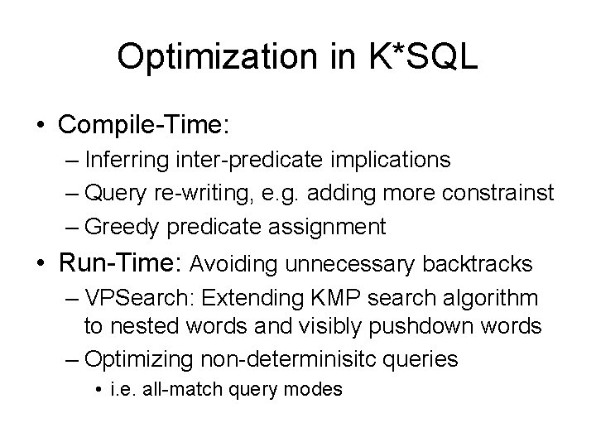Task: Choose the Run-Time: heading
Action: tap(120, 263)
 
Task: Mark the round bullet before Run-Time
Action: tap(41, 264)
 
